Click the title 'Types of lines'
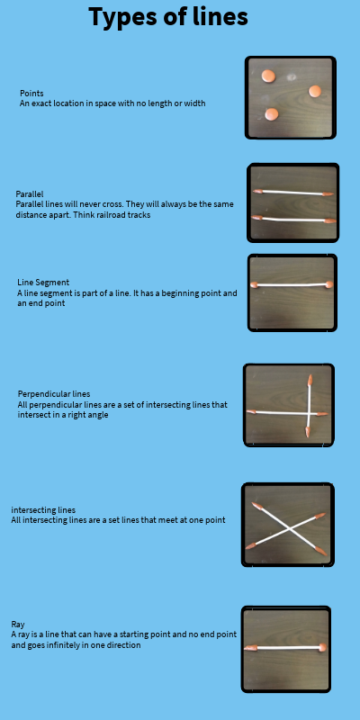coord(168,17)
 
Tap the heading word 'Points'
coord(31,94)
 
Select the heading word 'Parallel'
coord(30,194)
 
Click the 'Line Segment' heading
coord(43,283)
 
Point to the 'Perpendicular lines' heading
coord(54,394)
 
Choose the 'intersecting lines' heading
coord(43,510)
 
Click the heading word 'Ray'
coord(18,625)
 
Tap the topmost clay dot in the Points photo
coord(268,76)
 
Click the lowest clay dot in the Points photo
coord(272,114)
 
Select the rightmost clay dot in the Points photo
coord(315,91)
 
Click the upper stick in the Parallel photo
coord(293,193)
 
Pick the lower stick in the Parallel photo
coord(294,219)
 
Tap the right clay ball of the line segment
coord(328,284)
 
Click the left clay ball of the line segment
coord(254,284)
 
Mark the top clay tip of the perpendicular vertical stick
coord(310,380)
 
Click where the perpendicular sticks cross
coord(309,414)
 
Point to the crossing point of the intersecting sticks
coord(290,530)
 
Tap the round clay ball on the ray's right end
coord(322,647)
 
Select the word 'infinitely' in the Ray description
coord(69,644)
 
